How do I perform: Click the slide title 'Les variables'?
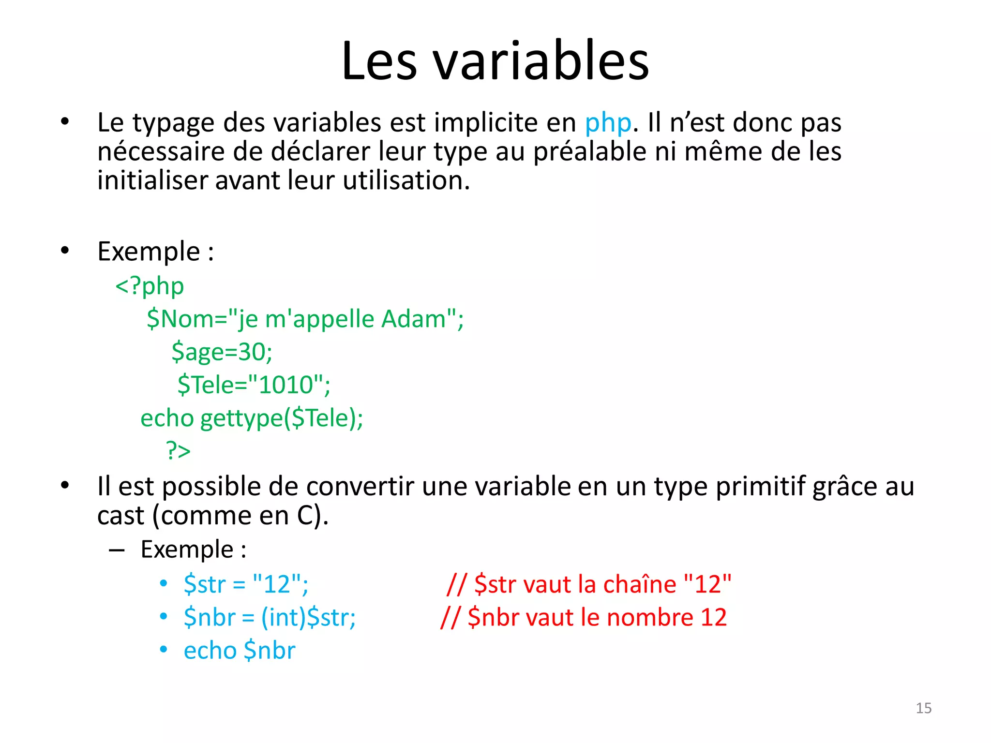coord(495,61)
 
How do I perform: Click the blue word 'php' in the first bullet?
coord(608,123)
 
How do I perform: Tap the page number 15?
coord(923,708)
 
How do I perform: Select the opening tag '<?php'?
coord(150,286)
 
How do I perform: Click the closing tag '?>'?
coord(178,450)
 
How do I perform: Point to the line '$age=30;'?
coord(222,352)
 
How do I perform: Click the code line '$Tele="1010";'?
coord(254,385)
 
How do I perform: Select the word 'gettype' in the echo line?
coord(241,418)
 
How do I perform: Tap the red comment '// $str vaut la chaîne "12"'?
coord(588,584)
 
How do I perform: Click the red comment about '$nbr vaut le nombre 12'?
coord(584,617)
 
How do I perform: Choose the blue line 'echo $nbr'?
coord(239,650)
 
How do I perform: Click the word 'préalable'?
coord(589,152)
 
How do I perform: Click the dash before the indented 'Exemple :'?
coord(117,550)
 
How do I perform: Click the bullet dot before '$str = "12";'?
coord(164,584)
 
